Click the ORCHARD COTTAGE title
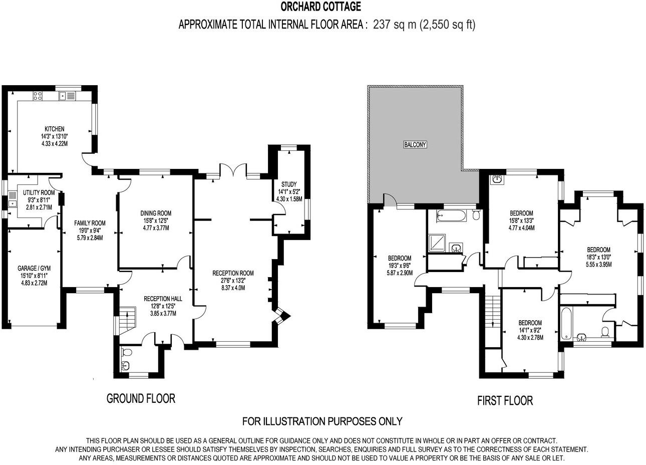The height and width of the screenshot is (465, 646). pyautogui.click(x=321, y=7)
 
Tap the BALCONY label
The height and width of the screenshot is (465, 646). pyautogui.click(x=415, y=145)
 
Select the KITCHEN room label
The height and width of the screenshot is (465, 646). pyautogui.click(x=54, y=129)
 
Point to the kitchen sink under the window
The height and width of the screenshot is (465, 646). pyautogui.click(x=68, y=95)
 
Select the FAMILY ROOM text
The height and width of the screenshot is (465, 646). pyautogui.click(x=90, y=223)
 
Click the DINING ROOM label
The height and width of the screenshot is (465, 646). pyautogui.click(x=156, y=213)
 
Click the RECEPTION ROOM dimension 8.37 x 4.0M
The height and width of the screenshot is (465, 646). pyautogui.click(x=233, y=288)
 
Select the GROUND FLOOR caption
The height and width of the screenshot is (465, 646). pyautogui.click(x=141, y=399)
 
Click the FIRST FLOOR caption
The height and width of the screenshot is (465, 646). pyautogui.click(x=505, y=401)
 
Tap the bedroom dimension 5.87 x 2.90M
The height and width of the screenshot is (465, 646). pyautogui.click(x=399, y=273)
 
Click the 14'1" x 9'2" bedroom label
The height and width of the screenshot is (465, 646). pyautogui.click(x=530, y=330)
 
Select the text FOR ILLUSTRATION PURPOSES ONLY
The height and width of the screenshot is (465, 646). pyautogui.click(x=322, y=421)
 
